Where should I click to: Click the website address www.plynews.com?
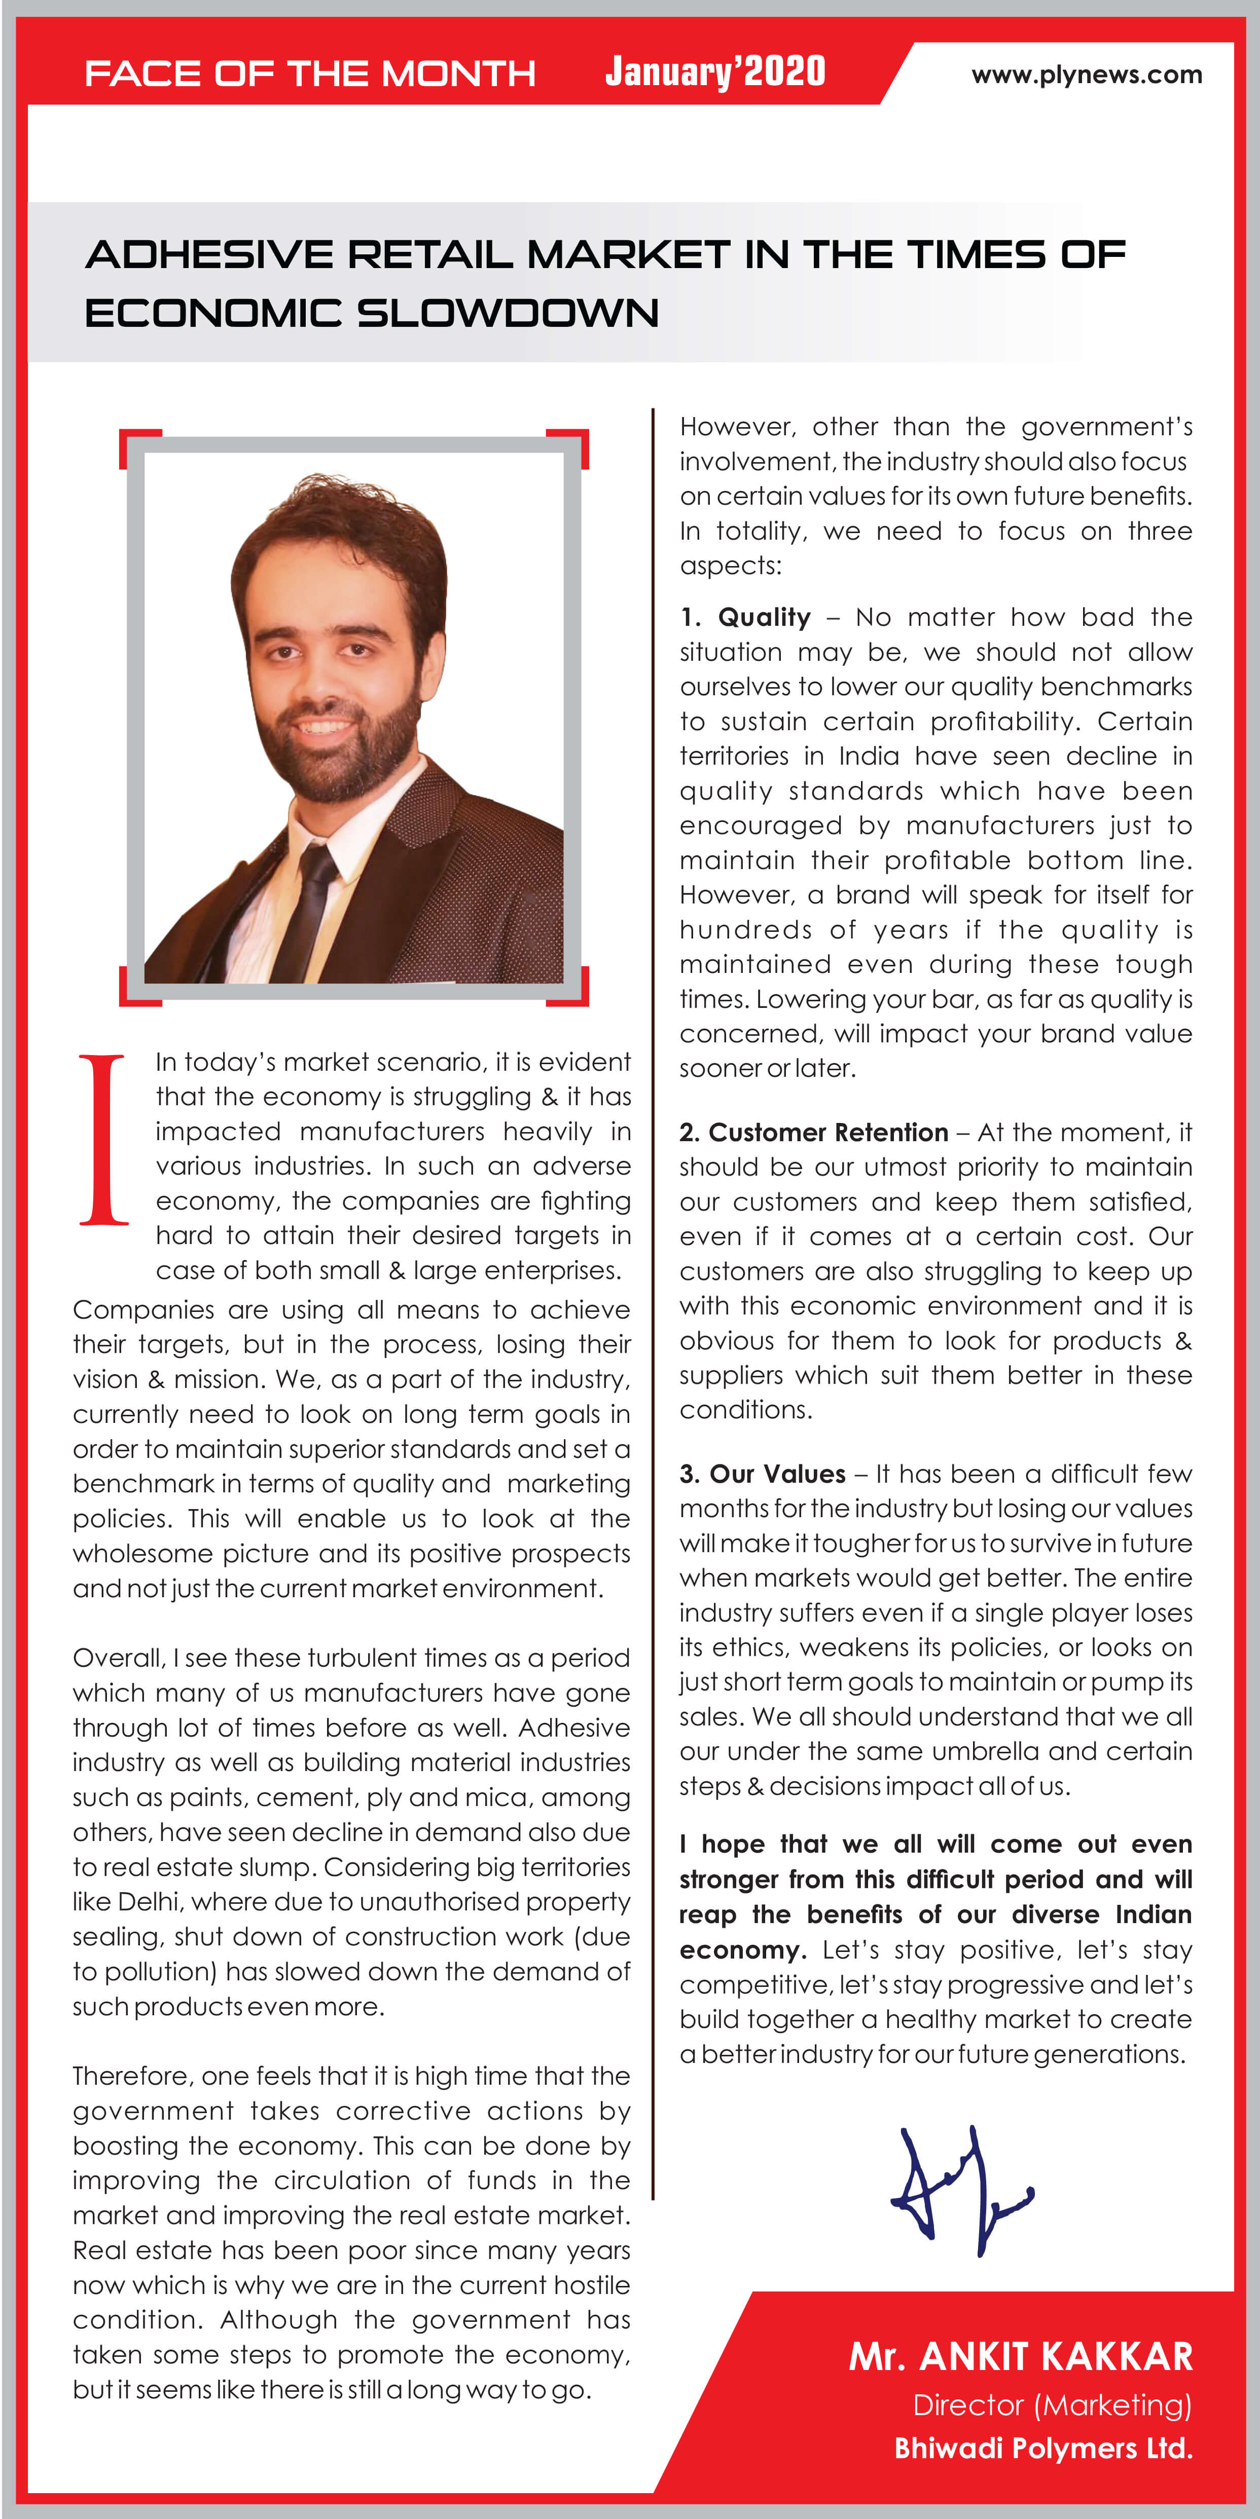point(1086,76)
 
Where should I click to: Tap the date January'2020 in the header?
point(715,71)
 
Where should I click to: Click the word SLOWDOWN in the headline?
point(507,314)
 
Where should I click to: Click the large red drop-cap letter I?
point(103,1139)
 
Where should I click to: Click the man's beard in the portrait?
point(338,753)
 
